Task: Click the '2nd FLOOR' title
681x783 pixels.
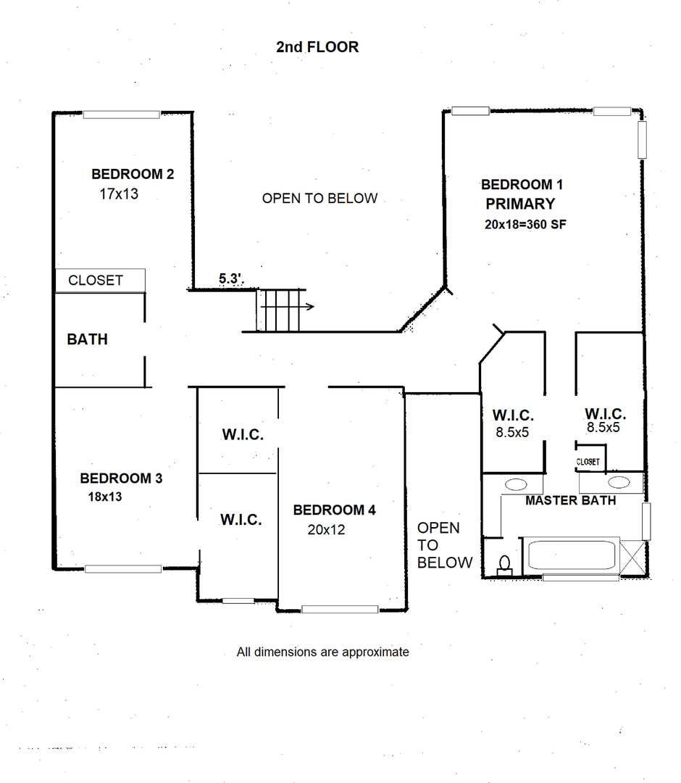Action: pyautogui.click(x=317, y=47)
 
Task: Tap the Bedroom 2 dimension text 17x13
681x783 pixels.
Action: pyautogui.click(x=119, y=194)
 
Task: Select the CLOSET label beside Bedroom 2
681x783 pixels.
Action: pyautogui.click(x=96, y=280)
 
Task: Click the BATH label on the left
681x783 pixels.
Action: pyautogui.click(x=88, y=339)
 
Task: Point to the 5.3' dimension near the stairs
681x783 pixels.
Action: pyautogui.click(x=231, y=278)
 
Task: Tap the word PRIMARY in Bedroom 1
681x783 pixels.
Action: pyautogui.click(x=520, y=204)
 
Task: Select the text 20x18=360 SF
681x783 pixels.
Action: pyautogui.click(x=525, y=224)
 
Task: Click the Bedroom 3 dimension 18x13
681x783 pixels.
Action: pyautogui.click(x=105, y=497)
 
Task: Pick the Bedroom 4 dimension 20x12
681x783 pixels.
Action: pyautogui.click(x=326, y=529)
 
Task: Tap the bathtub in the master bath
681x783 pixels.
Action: pyautogui.click(x=571, y=555)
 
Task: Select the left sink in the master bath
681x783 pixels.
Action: pyautogui.click(x=516, y=484)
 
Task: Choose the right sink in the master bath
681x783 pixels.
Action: pyautogui.click(x=619, y=482)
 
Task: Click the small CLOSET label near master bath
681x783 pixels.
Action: pyautogui.click(x=588, y=462)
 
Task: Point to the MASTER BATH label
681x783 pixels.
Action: pyautogui.click(x=571, y=500)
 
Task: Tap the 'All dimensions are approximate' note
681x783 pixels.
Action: pyautogui.click(x=323, y=652)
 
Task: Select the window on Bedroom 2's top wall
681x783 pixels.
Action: pyautogui.click(x=121, y=115)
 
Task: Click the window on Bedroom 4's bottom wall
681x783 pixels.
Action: pyautogui.click(x=340, y=609)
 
